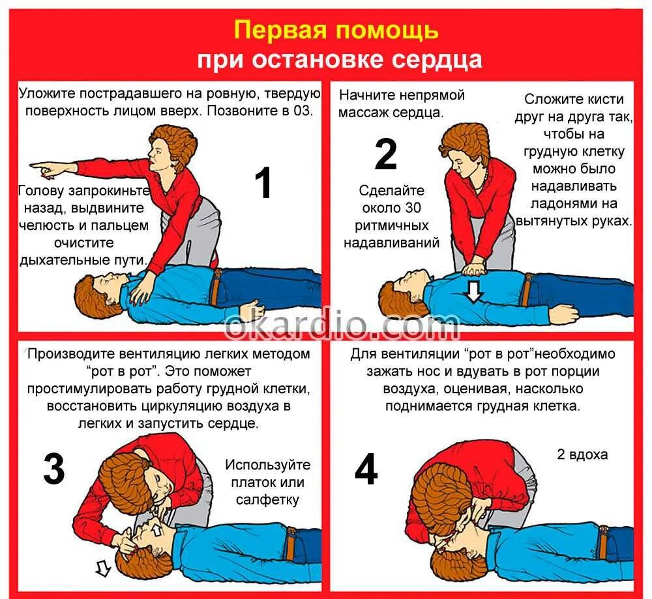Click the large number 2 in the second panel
coord(385,154)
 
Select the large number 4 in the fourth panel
coord(366,469)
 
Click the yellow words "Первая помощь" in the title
coord(336,30)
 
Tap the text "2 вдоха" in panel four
coord(582,454)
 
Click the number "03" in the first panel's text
coord(303,110)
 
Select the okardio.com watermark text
coord(341,325)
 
